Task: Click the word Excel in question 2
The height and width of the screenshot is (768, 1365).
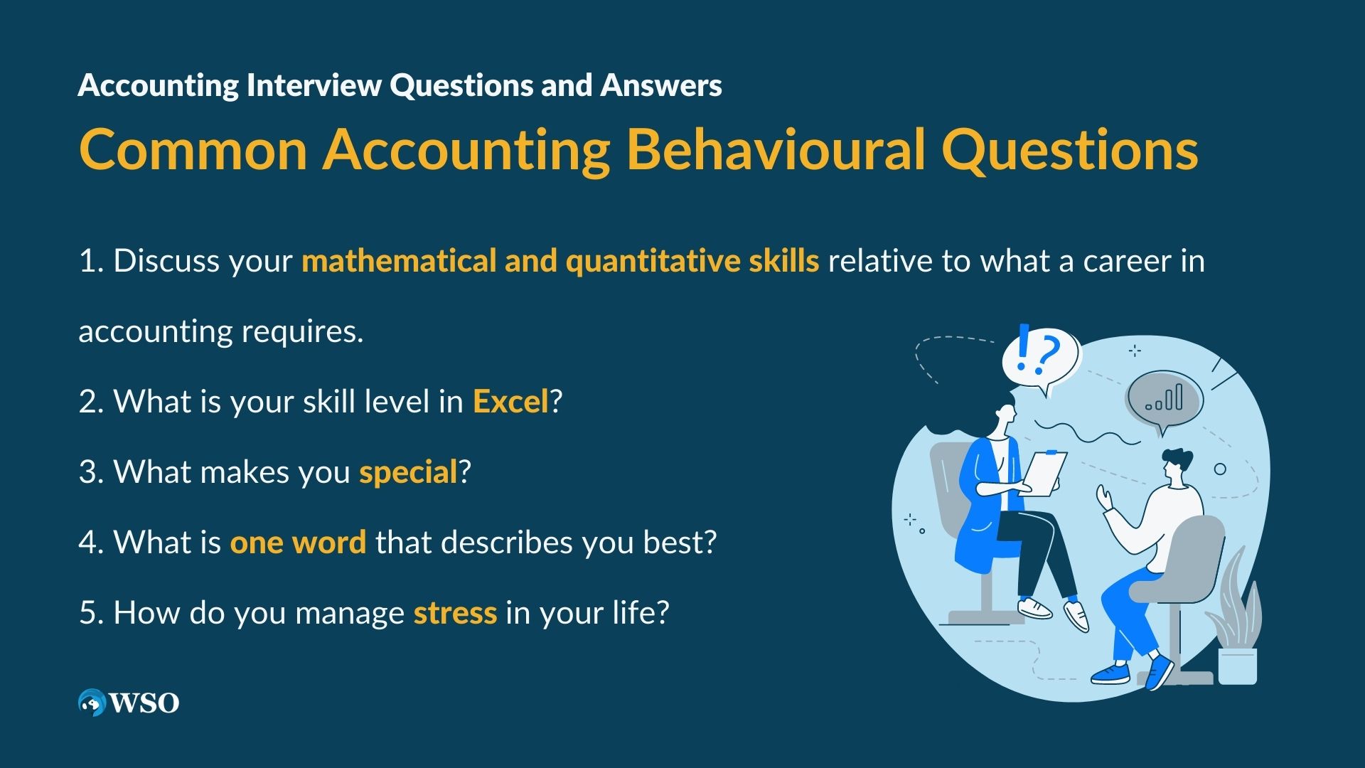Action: click(510, 402)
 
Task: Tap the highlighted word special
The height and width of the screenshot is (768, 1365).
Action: click(408, 473)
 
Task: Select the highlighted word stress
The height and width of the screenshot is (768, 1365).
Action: click(455, 613)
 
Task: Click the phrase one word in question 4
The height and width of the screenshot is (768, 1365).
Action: click(298, 543)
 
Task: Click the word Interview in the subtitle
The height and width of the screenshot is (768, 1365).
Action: click(314, 85)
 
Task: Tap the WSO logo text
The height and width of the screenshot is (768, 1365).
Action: click(144, 703)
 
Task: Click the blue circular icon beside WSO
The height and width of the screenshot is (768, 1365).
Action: click(92, 703)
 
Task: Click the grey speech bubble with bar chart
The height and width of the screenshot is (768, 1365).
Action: click(1164, 402)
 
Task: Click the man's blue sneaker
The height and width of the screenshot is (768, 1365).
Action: click(1110, 673)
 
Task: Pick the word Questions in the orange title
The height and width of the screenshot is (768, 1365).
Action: click(1070, 151)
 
